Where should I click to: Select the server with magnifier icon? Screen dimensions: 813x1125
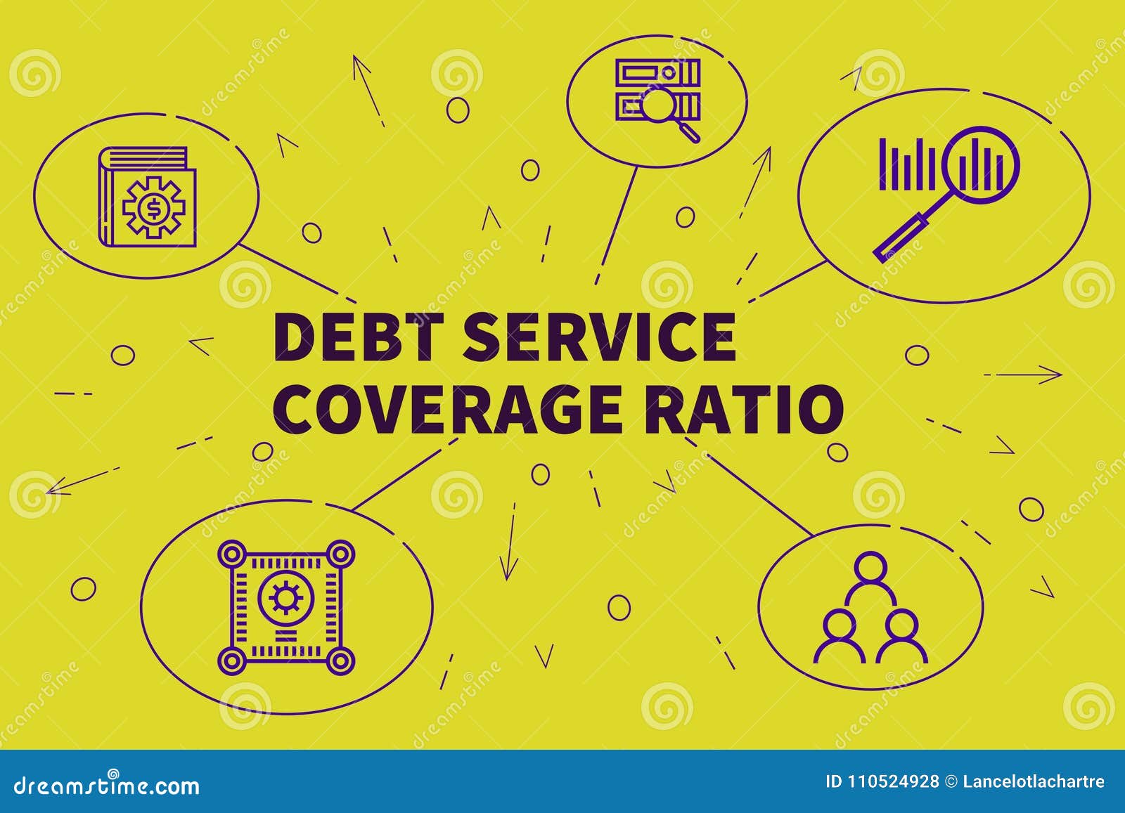658,98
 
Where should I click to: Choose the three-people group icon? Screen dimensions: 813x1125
870,609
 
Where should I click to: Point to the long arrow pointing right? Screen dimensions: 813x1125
1023,375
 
